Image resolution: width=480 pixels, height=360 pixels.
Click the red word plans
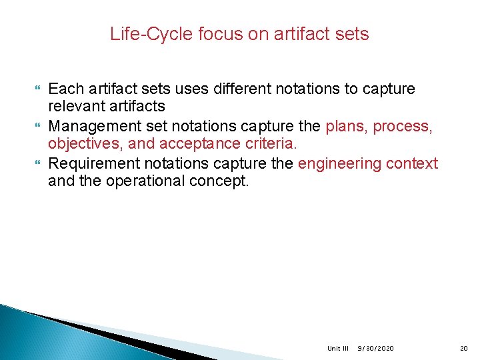click(346, 126)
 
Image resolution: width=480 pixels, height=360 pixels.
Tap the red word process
click(403, 126)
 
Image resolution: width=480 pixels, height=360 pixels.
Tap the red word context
click(413, 163)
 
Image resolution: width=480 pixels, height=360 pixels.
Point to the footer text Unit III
click(338, 349)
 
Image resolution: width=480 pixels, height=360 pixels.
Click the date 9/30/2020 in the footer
click(375, 349)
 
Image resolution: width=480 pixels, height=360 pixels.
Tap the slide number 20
click(464, 349)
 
